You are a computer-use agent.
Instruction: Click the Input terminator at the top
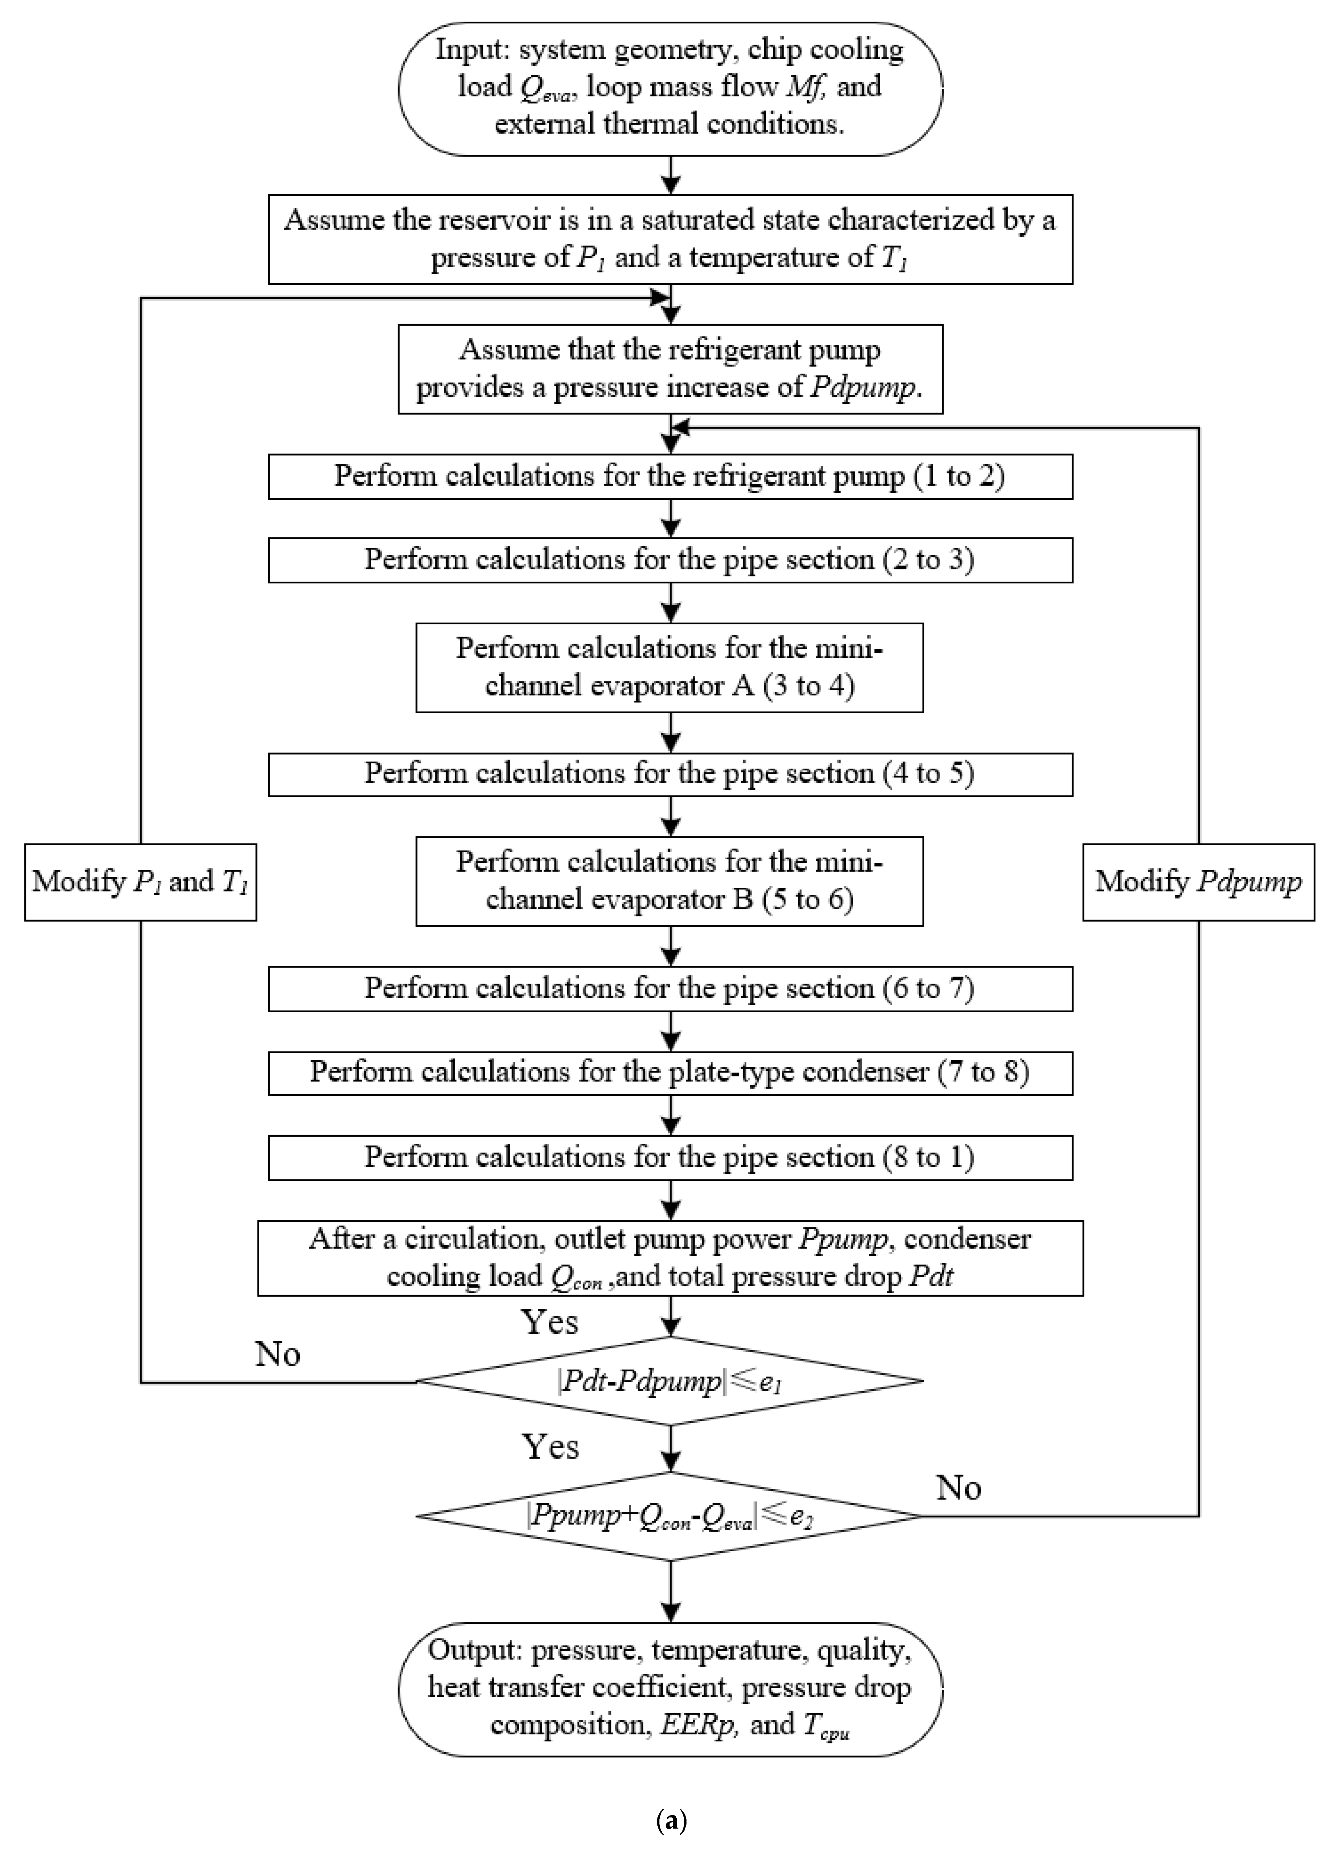tap(670, 88)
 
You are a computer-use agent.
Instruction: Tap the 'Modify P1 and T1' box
tap(140, 882)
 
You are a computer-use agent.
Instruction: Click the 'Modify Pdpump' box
tap(1198, 882)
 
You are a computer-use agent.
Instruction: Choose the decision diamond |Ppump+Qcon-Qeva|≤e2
tap(670, 1516)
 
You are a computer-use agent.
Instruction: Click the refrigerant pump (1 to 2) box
tap(670, 476)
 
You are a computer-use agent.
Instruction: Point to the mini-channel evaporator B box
tap(670, 881)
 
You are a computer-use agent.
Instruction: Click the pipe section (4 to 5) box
tap(670, 774)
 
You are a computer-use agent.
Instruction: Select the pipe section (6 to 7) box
tap(670, 989)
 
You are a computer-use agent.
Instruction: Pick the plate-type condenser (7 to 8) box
tap(670, 1072)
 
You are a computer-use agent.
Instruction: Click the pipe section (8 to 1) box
tap(670, 1157)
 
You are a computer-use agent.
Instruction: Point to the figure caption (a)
tap(671, 1821)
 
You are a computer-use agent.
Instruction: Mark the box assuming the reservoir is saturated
tap(670, 239)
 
